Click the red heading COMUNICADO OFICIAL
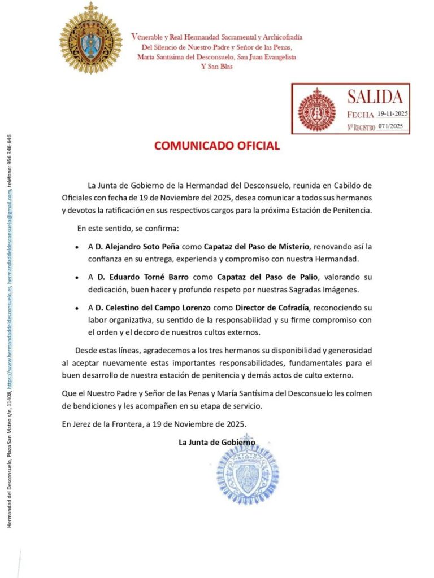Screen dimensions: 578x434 click(x=217, y=146)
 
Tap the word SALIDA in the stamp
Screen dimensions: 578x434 click(x=375, y=97)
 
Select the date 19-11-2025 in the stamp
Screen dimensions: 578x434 click(x=393, y=113)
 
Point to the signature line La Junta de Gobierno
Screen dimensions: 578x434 click(x=216, y=443)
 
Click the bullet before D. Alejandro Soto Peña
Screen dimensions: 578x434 click(x=77, y=248)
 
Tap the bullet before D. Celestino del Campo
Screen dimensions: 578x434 click(x=77, y=309)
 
